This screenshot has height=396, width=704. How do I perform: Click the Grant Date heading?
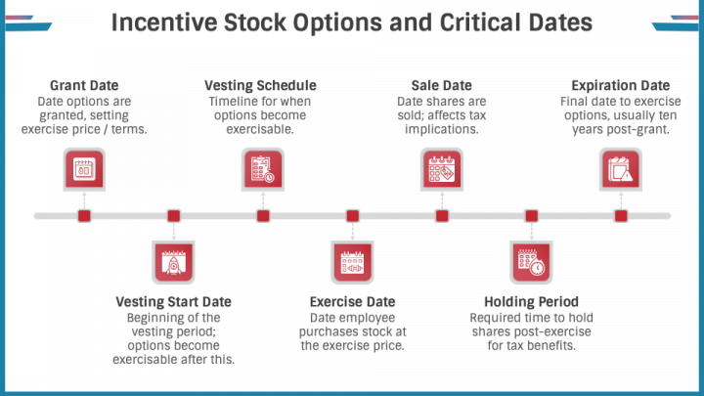tap(84, 85)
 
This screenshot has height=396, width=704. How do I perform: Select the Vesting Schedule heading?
tap(260, 85)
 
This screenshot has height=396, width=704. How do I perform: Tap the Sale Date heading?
tap(441, 85)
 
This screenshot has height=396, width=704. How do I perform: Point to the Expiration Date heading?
tap(621, 85)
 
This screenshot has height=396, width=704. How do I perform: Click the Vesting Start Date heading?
tap(173, 302)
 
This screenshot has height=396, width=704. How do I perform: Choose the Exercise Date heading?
tap(352, 302)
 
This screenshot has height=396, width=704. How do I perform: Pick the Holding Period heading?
tap(531, 302)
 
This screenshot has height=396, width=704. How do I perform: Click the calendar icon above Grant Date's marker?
tap(84, 169)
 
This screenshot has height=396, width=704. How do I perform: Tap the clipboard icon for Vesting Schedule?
tap(263, 169)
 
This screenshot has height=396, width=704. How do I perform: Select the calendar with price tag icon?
tap(442, 169)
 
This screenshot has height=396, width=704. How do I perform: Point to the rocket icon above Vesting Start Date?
tap(173, 262)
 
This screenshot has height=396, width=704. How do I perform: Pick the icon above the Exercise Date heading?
tap(352, 262)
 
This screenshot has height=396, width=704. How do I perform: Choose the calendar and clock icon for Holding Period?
tap(531, 262)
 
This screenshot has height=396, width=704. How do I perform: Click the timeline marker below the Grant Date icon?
tap(84, 216)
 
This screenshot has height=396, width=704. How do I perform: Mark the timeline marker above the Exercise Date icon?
tap(352, 216)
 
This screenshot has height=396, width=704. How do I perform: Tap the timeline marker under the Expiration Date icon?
tap(621, 216)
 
